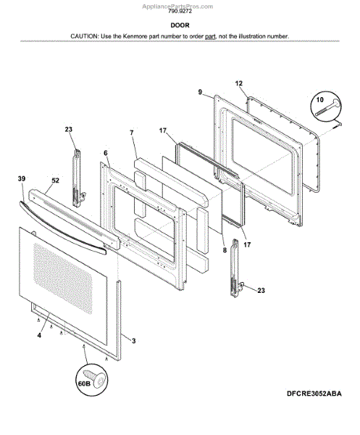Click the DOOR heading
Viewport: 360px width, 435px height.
[x=179, y=24]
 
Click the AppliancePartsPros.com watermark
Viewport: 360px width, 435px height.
[x=179, y=5]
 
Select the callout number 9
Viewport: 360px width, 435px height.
[x=199, y=92]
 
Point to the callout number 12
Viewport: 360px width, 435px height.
[x=238, y=83]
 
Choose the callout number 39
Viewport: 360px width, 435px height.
[x=21, y=178]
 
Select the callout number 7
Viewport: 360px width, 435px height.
[x=131, y=133]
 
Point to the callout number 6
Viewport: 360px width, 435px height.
[x=105, y=153]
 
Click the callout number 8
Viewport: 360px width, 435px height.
[x=225, y=250]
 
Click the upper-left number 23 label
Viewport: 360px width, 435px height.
[x=69, y=130]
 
